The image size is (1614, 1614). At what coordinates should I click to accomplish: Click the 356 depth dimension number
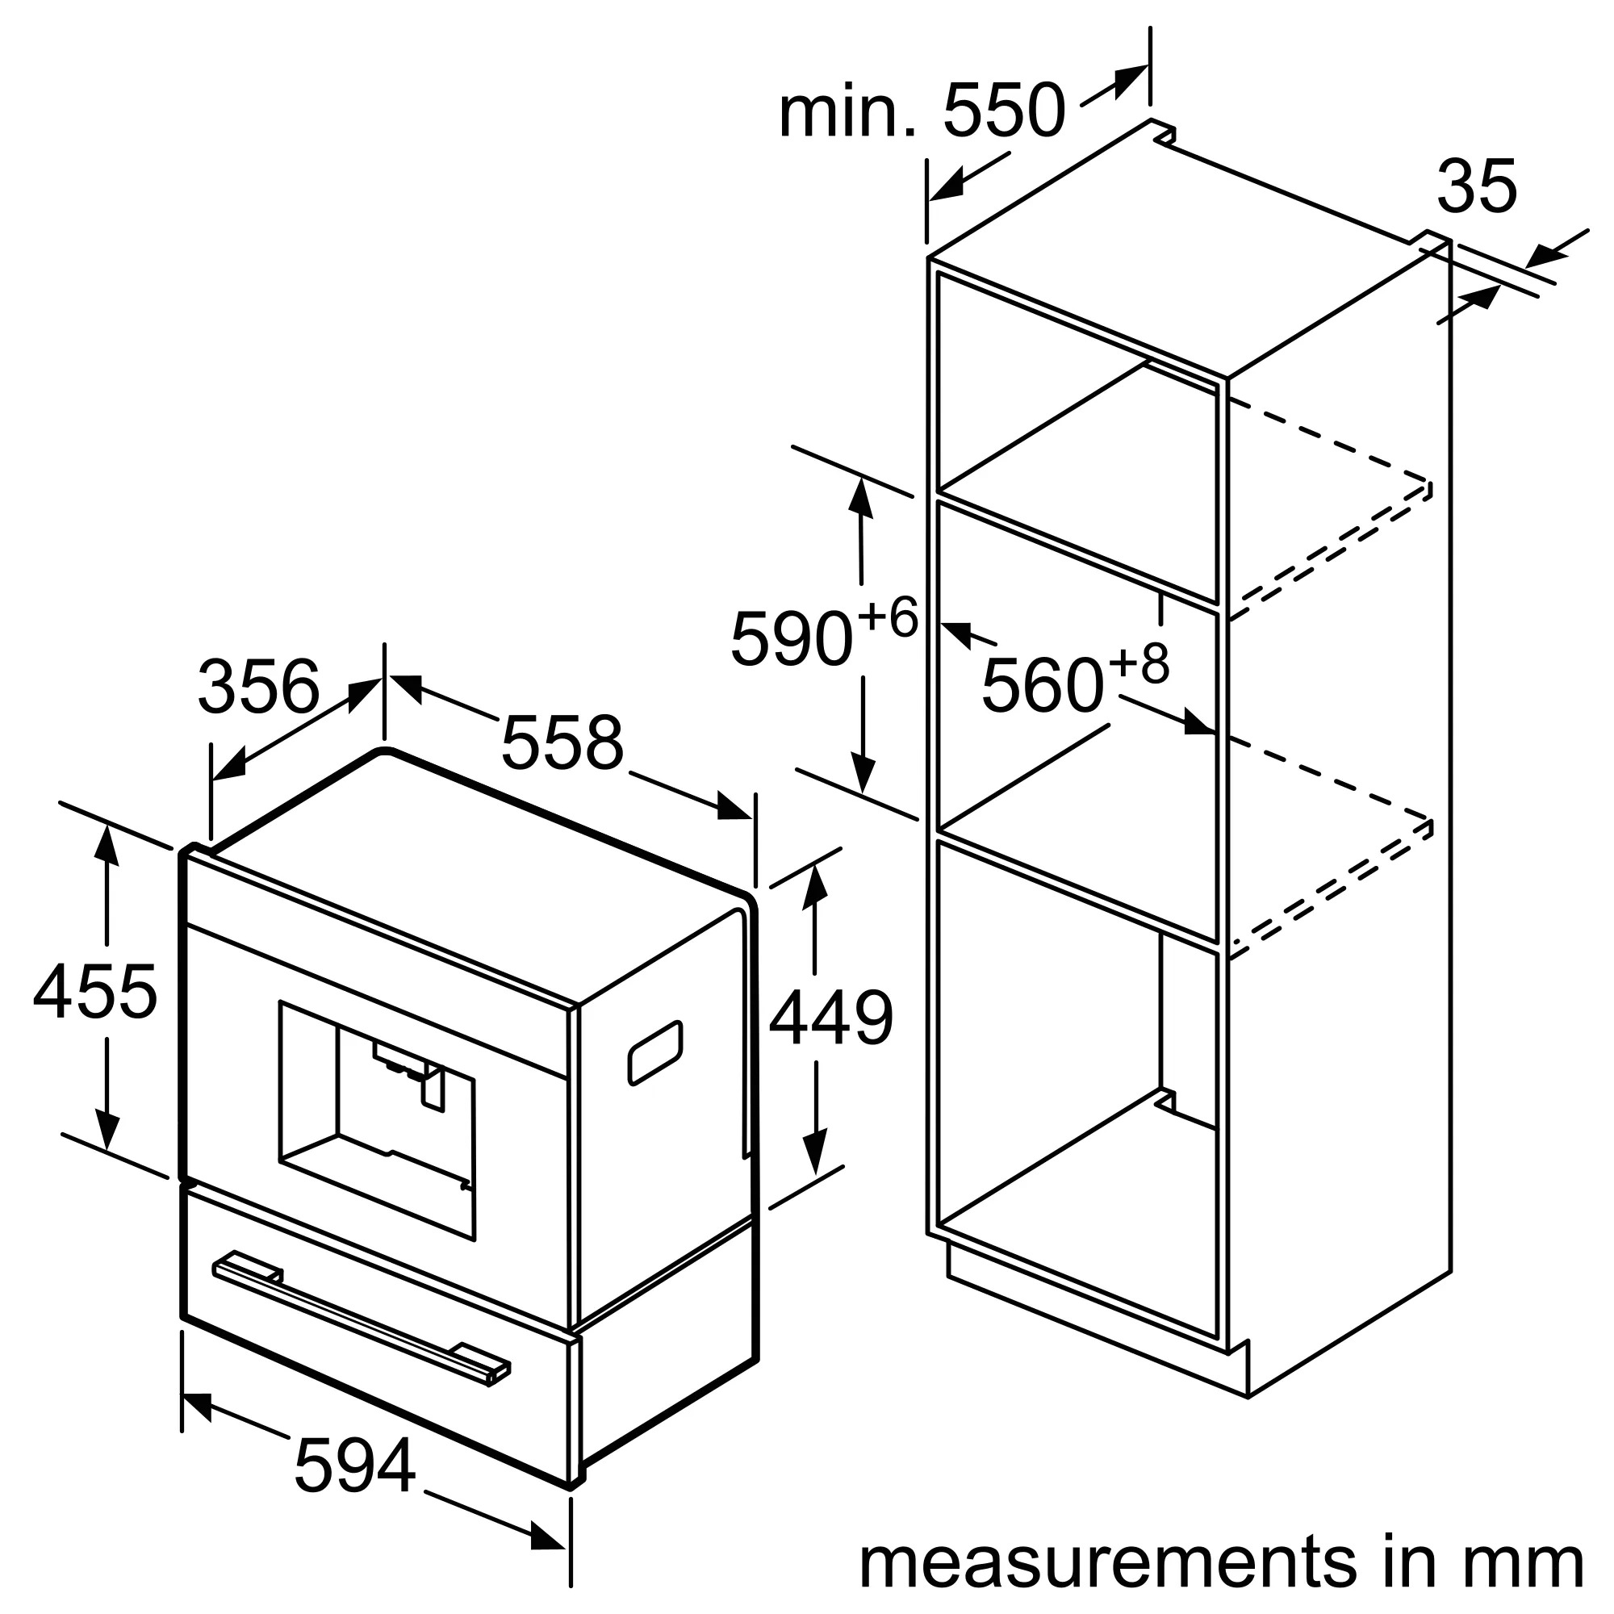coord(258,687)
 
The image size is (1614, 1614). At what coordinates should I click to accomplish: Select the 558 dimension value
coord(562,742)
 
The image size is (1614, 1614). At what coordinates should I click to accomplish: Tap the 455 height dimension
coord(94,992)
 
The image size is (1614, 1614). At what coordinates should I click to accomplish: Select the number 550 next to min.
coord(1004,111)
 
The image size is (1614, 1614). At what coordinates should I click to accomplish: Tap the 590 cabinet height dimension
coord(790,640)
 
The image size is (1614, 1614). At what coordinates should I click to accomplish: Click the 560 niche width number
coord(1042,686)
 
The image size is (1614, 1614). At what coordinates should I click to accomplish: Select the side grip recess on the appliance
coord(655,1052)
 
